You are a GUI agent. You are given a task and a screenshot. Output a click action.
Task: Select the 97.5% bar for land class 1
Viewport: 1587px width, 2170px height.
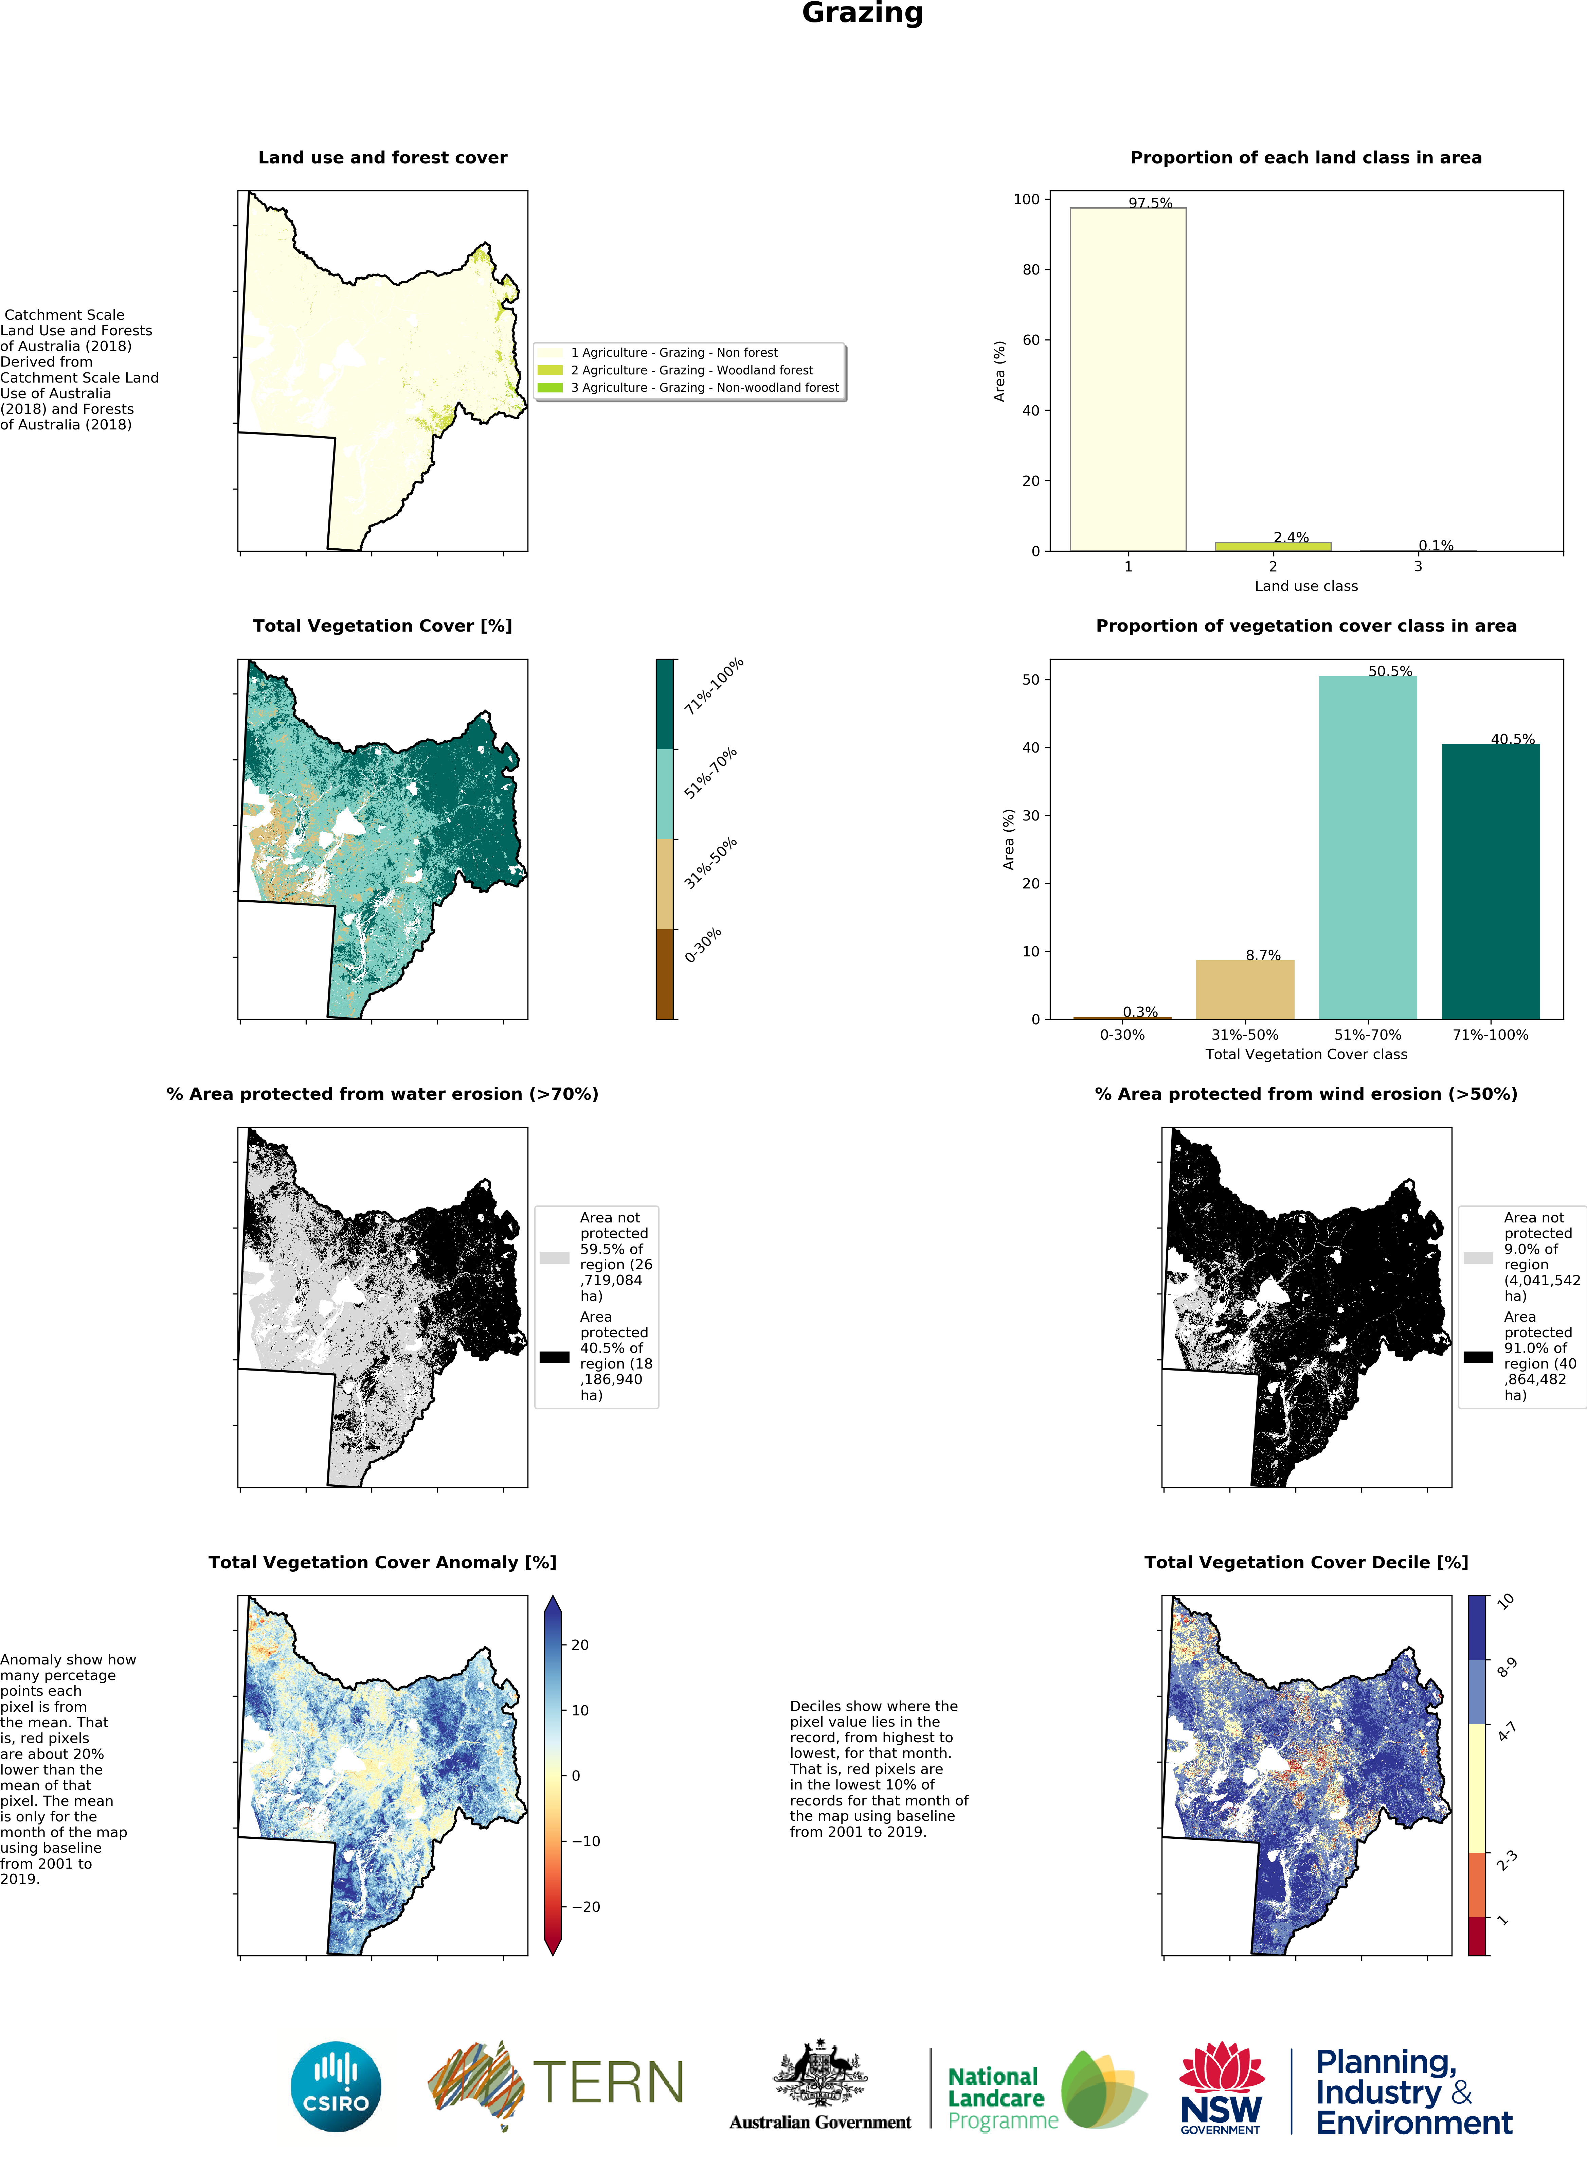[x=1128, y=380]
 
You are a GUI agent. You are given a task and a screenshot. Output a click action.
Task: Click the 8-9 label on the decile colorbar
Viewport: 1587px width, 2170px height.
[x=1506, y=1668]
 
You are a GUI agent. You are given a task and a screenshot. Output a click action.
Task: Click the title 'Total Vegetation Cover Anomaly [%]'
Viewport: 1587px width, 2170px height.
[x=382, y=1563]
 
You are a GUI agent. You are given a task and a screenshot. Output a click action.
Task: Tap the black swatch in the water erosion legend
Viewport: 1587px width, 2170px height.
[x=554, y=1357]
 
